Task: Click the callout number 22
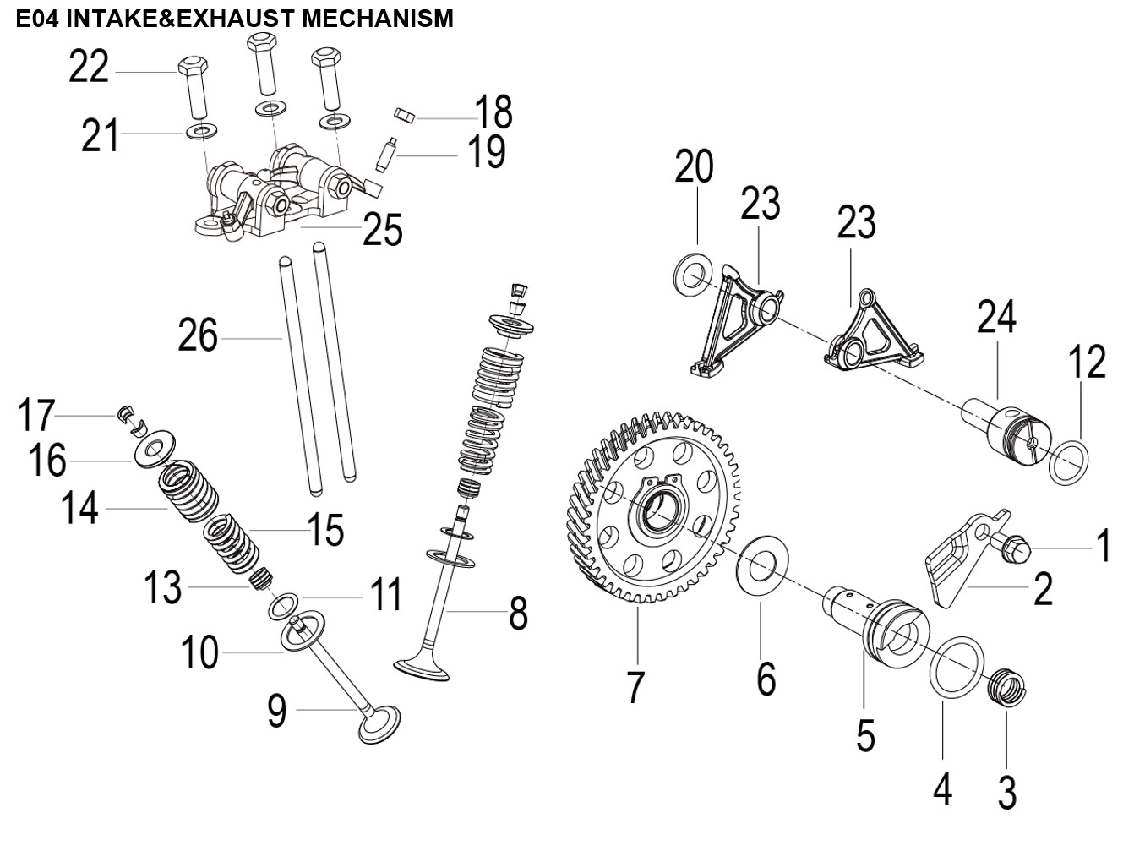pos(89,66)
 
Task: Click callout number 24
pos(997,318)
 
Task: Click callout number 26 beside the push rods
pos(198,335)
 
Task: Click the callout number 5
pos(864,734)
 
